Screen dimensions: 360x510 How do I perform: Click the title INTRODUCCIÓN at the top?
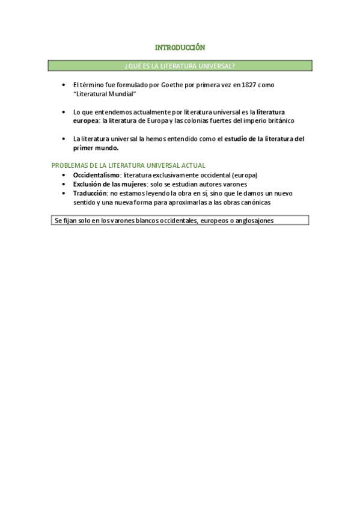click(180, 47)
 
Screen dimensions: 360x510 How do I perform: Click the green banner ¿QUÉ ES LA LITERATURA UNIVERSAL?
click(180, 66)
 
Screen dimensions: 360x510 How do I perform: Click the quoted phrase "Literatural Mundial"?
click(101, 94)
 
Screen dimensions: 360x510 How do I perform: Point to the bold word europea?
click(86, 120)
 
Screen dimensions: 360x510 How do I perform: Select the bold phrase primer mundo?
click(96, 147)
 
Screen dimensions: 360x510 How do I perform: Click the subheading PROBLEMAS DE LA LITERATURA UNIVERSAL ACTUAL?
click(128, 165)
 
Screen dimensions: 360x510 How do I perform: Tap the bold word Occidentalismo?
click(96, 175)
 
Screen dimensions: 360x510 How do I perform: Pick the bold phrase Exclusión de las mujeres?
click(110, 184)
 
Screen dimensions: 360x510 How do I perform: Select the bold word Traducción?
click(90, 193)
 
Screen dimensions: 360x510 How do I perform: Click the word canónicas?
click(256, 202)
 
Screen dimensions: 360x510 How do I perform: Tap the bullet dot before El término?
click(64, 85)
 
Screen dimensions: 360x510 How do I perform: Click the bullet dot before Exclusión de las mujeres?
click(64, 184)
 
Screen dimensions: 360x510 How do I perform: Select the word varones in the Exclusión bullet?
click(234, 184)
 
